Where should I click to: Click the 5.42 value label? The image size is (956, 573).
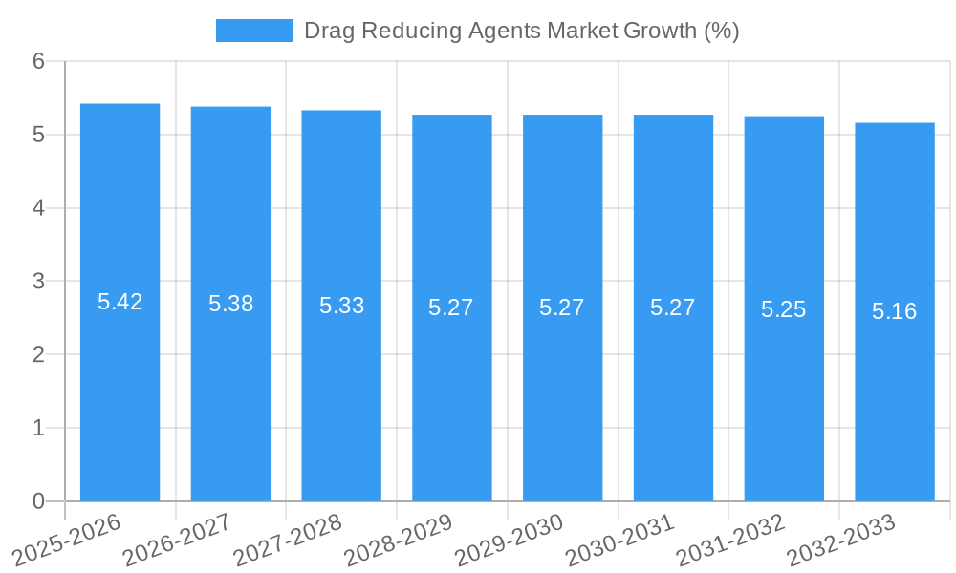119,302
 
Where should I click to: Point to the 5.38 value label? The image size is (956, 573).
230,304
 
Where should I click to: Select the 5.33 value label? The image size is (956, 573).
341,306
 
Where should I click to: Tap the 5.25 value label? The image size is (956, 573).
784,308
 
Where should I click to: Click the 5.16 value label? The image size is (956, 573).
895,311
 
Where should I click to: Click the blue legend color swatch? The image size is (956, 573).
253,31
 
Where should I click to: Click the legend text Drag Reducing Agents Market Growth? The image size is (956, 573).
521,31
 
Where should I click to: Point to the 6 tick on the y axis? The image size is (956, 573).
38,61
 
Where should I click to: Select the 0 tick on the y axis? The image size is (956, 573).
38,501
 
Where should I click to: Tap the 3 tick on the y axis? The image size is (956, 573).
38,282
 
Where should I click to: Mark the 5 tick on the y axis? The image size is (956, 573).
38,135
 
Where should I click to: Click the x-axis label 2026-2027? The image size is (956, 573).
178,540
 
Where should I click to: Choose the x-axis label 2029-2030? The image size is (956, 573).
509,540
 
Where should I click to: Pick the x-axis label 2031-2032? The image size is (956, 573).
730,540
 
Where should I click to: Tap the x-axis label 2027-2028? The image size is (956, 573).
288,540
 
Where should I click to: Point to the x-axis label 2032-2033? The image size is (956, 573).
841,540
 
